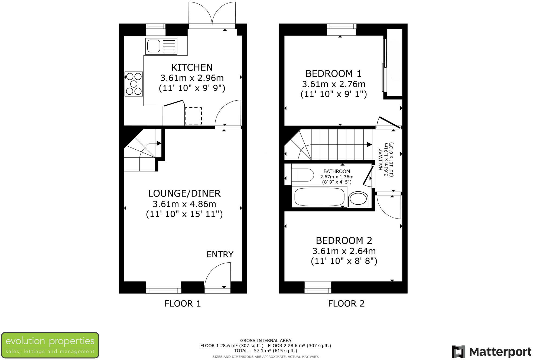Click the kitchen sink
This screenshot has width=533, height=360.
pos(161,46)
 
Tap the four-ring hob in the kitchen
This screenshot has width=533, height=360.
pos(134,84)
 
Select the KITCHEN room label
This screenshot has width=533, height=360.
pos(192,67)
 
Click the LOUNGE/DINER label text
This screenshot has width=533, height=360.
pos(184,193)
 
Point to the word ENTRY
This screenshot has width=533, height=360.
pos(220,254)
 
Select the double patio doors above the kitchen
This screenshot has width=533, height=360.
pos(212,14)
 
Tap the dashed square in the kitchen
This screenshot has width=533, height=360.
pos(193,116)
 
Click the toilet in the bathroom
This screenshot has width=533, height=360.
pos(303,175)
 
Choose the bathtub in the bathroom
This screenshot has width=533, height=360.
pos(319,197)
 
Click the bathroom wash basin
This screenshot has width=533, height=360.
pos(358,200)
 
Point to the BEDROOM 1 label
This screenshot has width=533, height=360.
pos(333,73)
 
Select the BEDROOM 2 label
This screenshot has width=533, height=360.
pos(344,240)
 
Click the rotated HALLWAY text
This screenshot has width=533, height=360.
pos(381,159)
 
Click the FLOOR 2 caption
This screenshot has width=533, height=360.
pos(346,303)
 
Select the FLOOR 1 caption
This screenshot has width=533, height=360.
pos(183,303)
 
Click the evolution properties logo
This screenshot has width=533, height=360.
pos(50,345)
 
